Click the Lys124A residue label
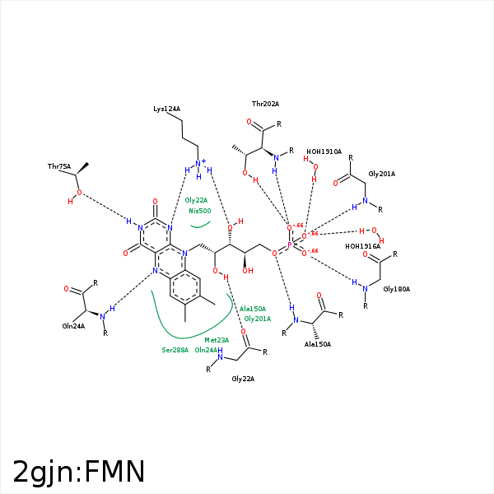pos(166,109)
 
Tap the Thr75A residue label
pos(58,167)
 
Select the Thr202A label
pos(265,104)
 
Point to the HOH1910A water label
pos(324,151)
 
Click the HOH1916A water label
pos(362,246)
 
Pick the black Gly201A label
pos(382,174)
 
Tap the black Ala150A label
pos(317,344)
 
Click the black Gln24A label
pos(74,326)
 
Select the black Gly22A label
pos(243,379)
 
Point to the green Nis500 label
pos(200,211)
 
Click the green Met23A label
pos(217,340)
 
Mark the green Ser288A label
pos(175,350)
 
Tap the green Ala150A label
pos(253,309)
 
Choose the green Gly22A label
pos(197,200)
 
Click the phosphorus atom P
pos(289,245)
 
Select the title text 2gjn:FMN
pos(79,472)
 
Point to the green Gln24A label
pos(207,350)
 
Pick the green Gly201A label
pos(258,319)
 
